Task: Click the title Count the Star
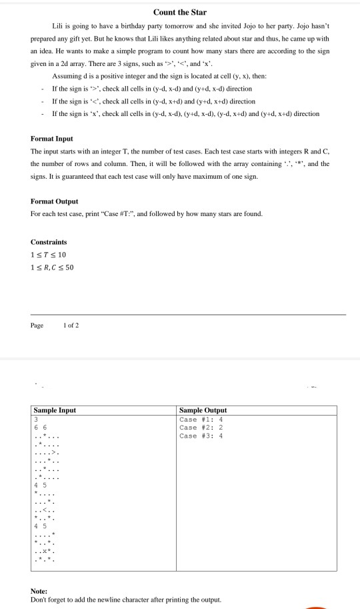tap(180, 12)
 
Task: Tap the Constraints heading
tap(49, 241)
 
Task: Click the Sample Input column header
tap(55, 410)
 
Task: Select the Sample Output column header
tap(203, 410)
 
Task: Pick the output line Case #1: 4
tap(201, 419)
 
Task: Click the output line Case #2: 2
tap(201, 427)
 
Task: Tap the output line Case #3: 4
tap(201, 436)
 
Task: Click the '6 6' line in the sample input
tap(41, 427)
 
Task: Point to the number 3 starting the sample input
tap(35, 419)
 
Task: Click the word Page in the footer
tap(37, 325)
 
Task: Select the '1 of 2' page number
tap(71, 325)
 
